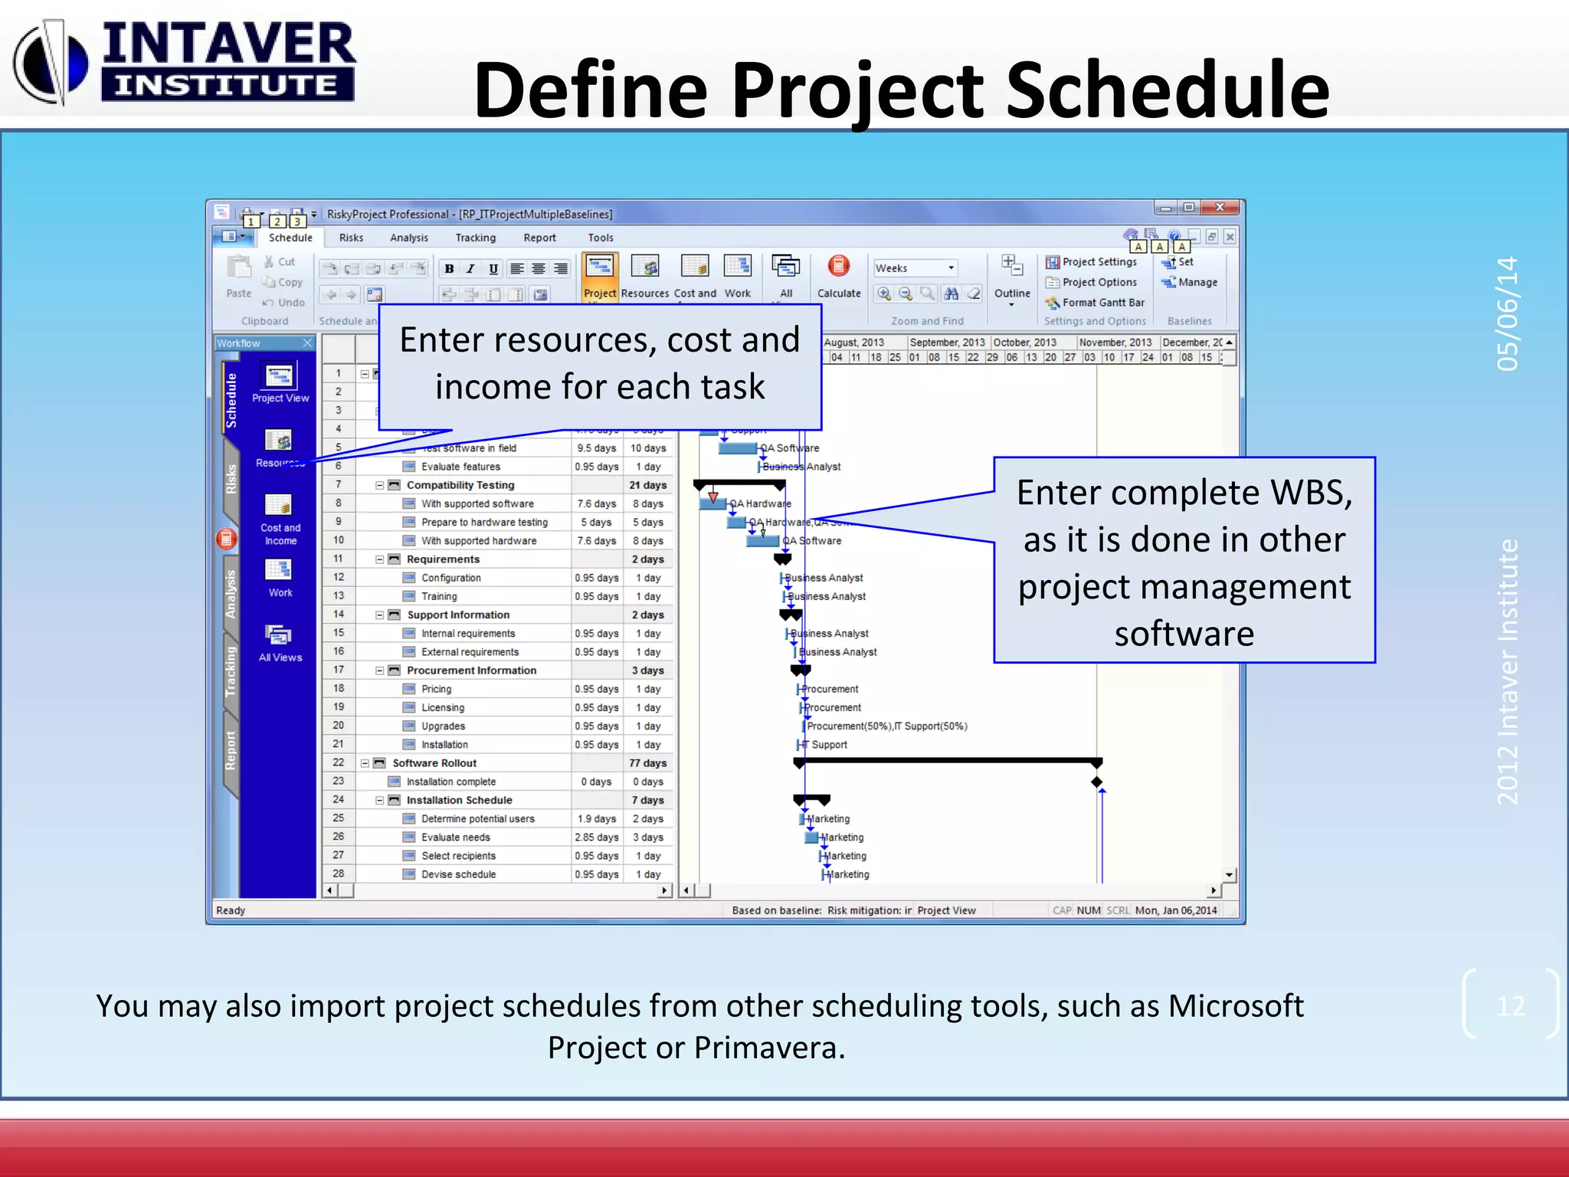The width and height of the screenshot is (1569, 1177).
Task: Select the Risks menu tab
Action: (x=351, y=238)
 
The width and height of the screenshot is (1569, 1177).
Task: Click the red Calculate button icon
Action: (x=838, y=267)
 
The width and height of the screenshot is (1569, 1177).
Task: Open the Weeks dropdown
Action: (x=951, y=268)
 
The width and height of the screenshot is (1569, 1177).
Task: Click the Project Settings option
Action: (x=1098, y=262)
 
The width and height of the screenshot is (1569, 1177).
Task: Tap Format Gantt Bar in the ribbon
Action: (x=1102, y=303)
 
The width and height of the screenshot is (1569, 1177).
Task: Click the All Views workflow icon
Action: (x=280, y=642)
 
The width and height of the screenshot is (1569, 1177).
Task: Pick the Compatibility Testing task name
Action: (x=460, y=485)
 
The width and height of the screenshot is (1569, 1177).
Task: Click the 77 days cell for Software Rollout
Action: (x=647, y=763)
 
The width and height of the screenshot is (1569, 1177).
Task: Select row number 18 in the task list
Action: (x=338, y=688)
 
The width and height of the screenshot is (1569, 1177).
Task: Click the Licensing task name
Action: (x=442, y=708)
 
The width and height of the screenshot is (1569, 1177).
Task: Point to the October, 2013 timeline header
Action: (x=1024, y=343)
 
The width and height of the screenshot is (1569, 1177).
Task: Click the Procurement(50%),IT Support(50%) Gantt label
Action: (x=886, y=726)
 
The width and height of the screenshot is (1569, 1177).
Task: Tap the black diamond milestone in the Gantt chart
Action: (x=1097, y=782)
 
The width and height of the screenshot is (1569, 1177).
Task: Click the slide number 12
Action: (x=1510, y=1006)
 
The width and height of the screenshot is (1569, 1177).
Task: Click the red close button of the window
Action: (x=1220, y=208)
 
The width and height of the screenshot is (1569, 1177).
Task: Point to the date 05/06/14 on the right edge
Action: (x=1507, y=313)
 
